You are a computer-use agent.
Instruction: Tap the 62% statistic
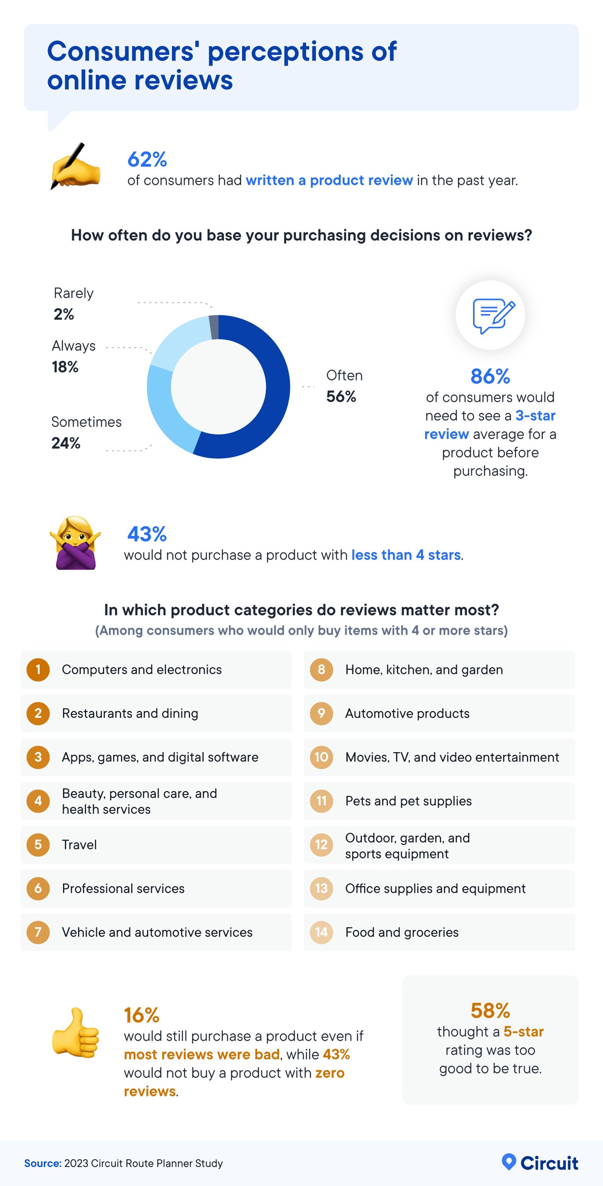coord(147,160)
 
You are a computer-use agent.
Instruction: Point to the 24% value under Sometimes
coord(66,443)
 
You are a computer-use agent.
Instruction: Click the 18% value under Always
coord(65,367)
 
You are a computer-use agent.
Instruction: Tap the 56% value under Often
coord(341,396)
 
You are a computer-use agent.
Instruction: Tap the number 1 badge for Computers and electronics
coord(38,669)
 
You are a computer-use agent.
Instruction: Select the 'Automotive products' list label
coord(407,713)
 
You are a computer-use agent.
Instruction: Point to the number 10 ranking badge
coord(321,757)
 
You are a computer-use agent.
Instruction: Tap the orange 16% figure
coord(141,1015)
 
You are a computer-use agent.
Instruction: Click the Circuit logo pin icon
coord(509,1162)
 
